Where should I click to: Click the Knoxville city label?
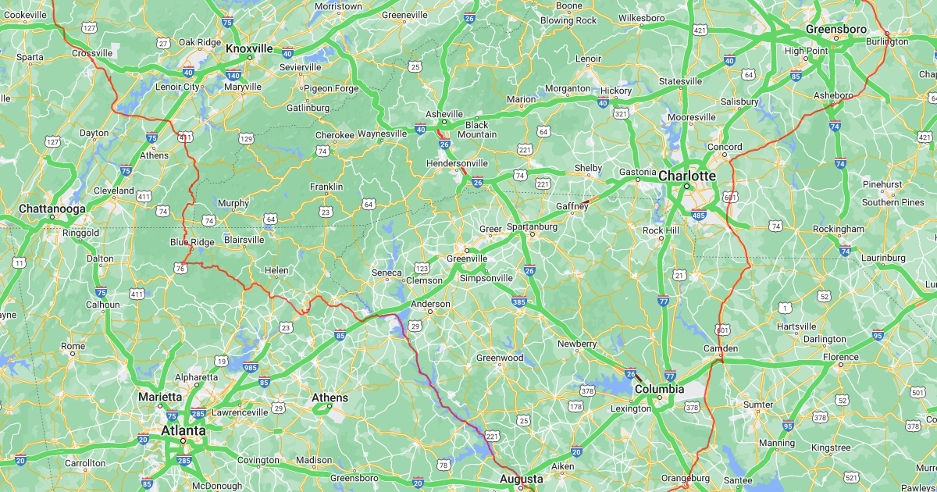click(249, 48)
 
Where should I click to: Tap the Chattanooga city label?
click(52, 209)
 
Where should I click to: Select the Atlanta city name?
click(183, 430)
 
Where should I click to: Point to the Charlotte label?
click(686, 176)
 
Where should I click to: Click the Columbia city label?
click(659, 389)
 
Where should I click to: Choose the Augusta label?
click(521, 478)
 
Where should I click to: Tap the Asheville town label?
click(444, 114)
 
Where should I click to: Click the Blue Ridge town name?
click(192, 243)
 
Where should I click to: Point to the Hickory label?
click(616, 91)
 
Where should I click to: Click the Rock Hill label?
click(662, 230)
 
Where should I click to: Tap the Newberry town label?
click(577, 344)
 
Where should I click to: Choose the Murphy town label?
click(233, 203)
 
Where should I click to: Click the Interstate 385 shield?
click(518, 301)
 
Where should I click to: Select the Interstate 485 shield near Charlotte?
click(699, 215)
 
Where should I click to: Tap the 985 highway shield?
click(250, 368)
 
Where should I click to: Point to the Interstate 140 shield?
click(233, 75)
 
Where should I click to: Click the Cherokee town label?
click(335, 135)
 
